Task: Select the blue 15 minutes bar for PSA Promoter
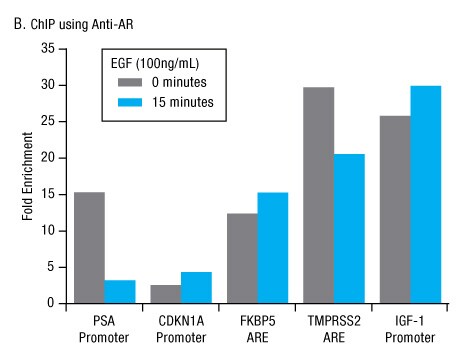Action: (119, 291)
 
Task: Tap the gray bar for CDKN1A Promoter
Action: (166, 293)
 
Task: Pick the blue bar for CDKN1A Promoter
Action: (196, 287)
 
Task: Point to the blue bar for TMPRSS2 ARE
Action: (350, 228)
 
